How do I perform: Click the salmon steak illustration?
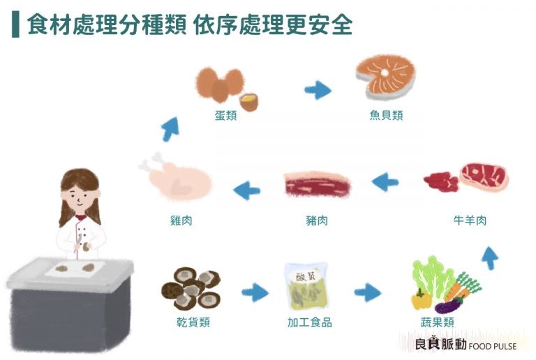pos(385,75)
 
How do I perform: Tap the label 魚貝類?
pos(386,115)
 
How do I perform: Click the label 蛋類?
pos(225,115)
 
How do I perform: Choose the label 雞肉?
pos(181,220)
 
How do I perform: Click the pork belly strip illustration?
pos(318,185)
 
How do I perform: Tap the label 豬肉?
pos(316,220)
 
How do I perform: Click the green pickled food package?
pos(307,287)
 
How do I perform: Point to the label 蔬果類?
pos(438,322)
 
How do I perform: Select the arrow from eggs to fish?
pos(318,90)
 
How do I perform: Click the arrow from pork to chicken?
pos(247,188)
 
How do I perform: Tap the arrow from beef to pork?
pos(385,183)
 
